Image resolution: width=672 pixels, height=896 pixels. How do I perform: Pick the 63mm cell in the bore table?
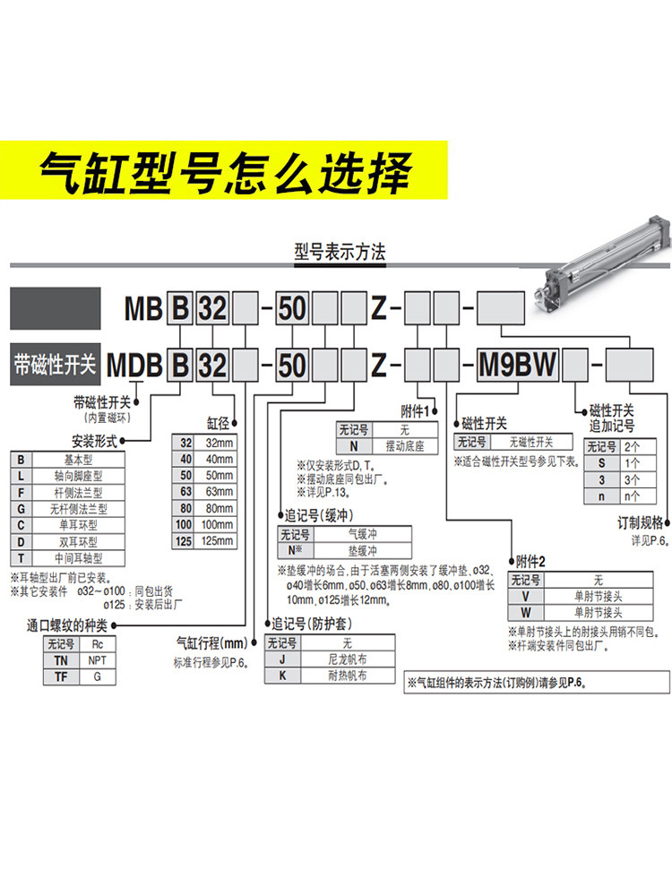click(218, 492)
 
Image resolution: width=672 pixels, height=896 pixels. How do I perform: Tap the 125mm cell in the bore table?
click(218, 540)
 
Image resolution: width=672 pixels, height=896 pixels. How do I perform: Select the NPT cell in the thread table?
click(95, 659)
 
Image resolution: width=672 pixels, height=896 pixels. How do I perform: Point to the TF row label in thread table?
click(59, 676)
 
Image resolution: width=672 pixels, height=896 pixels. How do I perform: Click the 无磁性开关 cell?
click(531, 442)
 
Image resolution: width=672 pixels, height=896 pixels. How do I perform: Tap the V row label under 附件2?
click(525, 597)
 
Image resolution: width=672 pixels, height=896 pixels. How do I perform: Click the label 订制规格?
click(641, 522)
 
